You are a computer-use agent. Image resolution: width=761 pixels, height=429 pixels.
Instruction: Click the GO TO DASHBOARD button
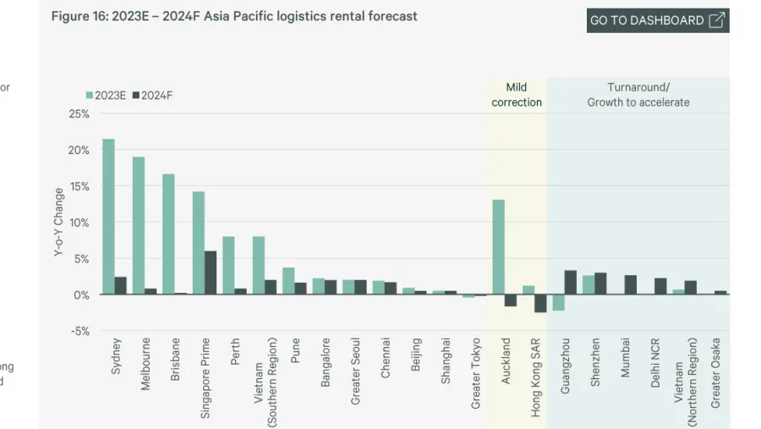657,20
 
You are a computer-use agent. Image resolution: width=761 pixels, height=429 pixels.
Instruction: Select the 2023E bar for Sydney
108,217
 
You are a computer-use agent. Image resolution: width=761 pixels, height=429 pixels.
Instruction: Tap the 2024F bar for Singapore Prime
211,272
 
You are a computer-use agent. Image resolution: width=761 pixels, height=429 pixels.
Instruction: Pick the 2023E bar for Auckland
499,247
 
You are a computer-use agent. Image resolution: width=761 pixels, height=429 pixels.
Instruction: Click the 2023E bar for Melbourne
139,226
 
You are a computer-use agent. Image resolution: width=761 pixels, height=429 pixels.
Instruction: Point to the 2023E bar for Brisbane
168,234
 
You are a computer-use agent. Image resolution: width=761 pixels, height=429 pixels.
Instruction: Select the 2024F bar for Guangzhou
571,283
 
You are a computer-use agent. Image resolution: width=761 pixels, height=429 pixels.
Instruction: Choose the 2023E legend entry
106,96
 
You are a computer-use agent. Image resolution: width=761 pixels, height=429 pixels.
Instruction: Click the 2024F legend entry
153,96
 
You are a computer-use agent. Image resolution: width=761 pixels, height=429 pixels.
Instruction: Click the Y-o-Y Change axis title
58,223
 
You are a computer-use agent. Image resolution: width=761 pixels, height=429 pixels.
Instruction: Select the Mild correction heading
517,95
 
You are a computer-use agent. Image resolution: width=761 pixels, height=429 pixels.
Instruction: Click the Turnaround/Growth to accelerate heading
638,95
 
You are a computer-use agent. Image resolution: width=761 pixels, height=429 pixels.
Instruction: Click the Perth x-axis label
236,352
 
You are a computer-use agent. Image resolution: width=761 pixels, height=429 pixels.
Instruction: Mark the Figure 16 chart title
234,16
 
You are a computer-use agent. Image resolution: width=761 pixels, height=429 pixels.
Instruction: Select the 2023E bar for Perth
228,266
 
